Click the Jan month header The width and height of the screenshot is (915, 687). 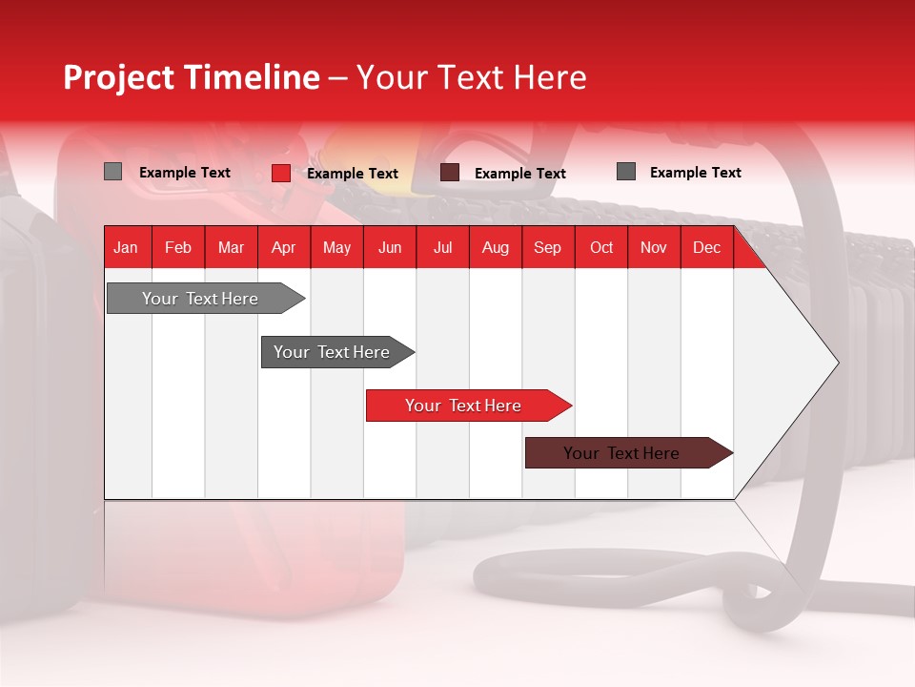point(126,247)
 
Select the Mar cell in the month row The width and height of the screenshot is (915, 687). point(231,247)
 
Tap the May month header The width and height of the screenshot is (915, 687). point(336,247)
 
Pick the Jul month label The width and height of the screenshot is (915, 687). point(442,247)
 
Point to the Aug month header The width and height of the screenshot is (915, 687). point(495,247)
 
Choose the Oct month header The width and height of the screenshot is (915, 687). point(601,247)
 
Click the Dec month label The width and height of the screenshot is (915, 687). point(706,247)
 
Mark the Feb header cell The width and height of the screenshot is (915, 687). point(178,247)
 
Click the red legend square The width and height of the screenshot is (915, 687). point(280,173)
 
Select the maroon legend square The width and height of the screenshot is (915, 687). point(450,173)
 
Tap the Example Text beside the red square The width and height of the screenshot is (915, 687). point(352,174)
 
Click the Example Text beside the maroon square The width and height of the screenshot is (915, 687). point(519,174)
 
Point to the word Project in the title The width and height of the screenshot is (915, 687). point(117,77)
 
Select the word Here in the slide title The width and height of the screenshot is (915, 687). point(550,77)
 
